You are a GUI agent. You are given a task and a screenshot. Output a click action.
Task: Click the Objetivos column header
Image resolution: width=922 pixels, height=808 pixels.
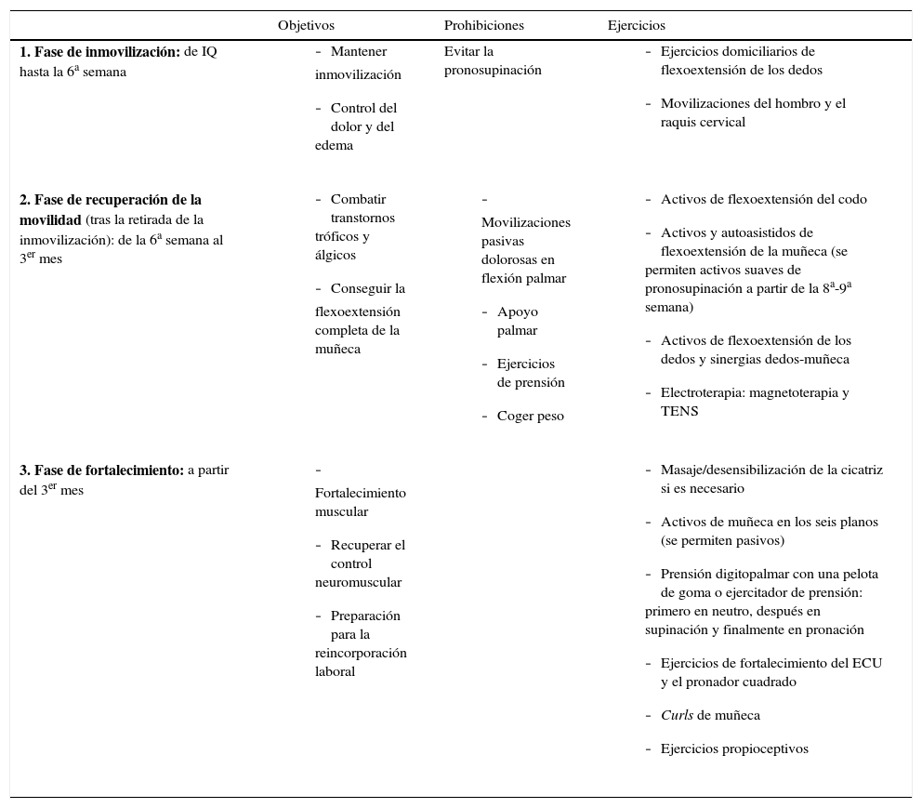coord(306,26)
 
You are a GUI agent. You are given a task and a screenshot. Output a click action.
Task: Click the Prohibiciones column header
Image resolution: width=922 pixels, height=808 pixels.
coord(483,26)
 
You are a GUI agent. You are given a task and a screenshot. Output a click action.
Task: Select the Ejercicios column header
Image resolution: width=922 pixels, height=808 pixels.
coord(636,26)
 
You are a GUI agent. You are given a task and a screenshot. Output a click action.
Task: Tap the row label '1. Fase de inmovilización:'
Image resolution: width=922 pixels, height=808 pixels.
coord(99,52)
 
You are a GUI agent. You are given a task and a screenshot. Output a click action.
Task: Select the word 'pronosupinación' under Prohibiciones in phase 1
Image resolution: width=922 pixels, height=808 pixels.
coord(493,71)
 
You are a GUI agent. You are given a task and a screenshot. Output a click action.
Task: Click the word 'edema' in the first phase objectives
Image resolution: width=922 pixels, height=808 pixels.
coord(334,146)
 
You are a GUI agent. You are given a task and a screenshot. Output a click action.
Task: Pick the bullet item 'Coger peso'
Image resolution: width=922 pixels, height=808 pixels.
coord(530,417)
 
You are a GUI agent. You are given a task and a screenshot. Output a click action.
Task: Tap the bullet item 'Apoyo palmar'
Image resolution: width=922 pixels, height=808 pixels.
coord(518,322)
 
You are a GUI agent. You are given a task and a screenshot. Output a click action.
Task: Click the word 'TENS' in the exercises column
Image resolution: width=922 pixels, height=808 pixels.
coord(679,411)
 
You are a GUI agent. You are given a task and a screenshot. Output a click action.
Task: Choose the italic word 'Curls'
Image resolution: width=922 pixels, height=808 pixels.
coord(677,716)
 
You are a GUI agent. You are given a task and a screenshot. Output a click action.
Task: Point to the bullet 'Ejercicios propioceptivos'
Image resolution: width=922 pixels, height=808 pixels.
coord(734,749)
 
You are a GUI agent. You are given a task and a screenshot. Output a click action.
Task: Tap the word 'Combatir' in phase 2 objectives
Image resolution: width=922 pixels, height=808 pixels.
coord(358,200)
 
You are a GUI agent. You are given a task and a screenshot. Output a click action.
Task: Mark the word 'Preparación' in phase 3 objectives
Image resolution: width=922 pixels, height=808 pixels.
coord(365,616)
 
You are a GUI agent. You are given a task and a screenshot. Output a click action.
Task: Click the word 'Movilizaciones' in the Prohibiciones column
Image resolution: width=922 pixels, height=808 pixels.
coord(526,223)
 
